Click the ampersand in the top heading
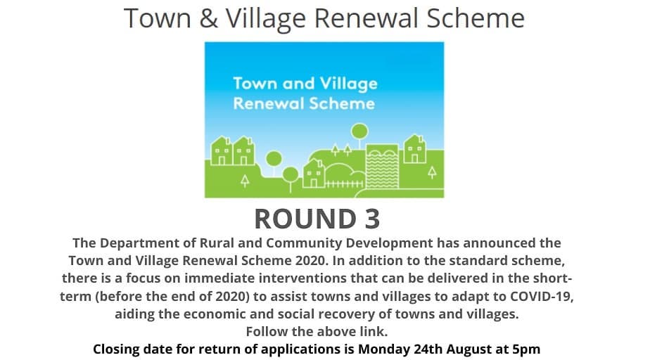pyautogui.click(x=208, y=19)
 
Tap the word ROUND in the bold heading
pyautogui.click(x=305, y=219)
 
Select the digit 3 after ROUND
pyautogui.click(x=372, y=219)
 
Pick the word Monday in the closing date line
pyautogui.click(x=384, y=349)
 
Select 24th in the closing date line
pyautogui.click(x=428, y=349)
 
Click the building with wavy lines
pyautogui.click(x=382, y=166)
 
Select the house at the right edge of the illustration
pyautogui.click(x=415, y=149)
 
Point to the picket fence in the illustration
pyautogui.click(x=345, y=184)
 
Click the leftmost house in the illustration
pyautogui.click(x=222, y=151)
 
